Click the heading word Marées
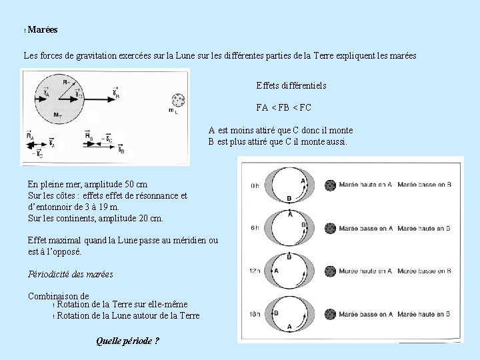[x=43, y=30]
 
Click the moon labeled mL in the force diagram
[x=177, y=101]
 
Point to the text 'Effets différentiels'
[x=291, y=86]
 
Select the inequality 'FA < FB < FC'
[x=283, y=107]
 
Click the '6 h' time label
[x=255, y=229]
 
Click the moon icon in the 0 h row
[x=329, y=185]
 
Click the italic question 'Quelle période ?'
[x=127, y=341]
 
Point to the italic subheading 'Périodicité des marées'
[x=71, y=274]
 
